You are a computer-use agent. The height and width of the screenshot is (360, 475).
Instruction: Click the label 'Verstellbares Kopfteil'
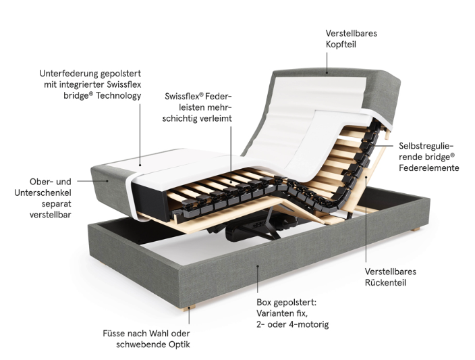click(351, 38)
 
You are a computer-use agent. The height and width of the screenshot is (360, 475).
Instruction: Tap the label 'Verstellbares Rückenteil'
click(390, 277)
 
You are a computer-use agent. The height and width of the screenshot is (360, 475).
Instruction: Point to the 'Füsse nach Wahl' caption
click(146, 339)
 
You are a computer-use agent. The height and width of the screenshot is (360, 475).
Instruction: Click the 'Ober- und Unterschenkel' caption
click(43, 198)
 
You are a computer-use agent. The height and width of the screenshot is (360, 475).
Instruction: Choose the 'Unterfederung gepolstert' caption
click(90, 84)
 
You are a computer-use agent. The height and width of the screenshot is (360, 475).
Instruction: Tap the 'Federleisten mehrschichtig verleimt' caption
click(197, 107)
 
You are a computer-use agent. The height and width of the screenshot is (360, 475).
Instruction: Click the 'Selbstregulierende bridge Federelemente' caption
click(428, 157)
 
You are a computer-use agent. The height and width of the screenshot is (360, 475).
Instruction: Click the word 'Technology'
click(119, 96)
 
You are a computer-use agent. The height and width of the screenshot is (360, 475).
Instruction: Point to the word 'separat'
click(57, 204)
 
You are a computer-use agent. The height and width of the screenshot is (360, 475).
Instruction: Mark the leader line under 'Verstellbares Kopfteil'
click(327, 63)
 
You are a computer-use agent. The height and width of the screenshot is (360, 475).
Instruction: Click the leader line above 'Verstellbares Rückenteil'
click(366, 219)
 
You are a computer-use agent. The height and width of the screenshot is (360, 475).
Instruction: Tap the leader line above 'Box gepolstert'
click(258, 279)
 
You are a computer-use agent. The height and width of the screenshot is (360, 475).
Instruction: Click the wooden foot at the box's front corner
click(189, 309)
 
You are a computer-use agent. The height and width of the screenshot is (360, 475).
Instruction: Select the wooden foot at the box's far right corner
click(416, 230)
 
